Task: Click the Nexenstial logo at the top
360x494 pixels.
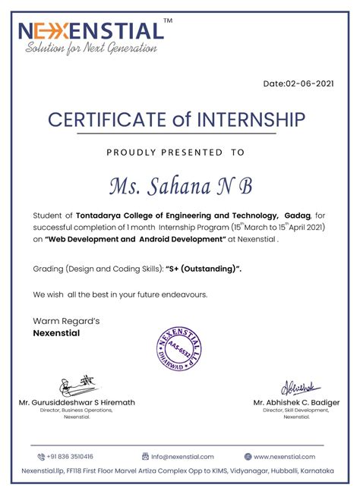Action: click(90, 31)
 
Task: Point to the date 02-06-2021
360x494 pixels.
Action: click(298, 83)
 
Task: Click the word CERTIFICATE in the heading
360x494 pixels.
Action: click(111, 120)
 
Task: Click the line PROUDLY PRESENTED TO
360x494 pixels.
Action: click(175, 153)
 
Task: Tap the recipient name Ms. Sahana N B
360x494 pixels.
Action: click(180, 185)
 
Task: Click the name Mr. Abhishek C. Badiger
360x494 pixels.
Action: click(296, 402)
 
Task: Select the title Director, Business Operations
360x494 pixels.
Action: click(77, 411)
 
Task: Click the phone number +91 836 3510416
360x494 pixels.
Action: click(69, 457)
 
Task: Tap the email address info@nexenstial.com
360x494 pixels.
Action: click(182, 457)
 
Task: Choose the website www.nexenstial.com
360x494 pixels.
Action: click(284, 457)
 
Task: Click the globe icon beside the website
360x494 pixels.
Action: click(248, 457)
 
